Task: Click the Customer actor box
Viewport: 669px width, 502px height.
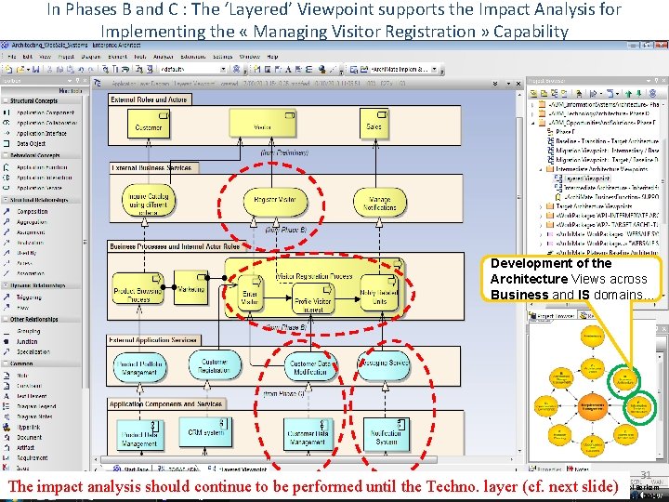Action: click(x=149, y=126)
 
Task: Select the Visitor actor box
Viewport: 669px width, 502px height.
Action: click(x=263, y=126)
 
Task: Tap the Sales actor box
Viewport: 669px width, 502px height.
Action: click(x=374, y=126)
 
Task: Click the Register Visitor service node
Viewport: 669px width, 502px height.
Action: click(x=275, y=200)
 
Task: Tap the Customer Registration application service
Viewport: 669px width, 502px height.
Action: click(x=215, y=365)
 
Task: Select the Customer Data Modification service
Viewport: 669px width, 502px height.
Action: click(x=310, y=366)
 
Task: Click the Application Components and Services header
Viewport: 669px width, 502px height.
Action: click(x=166, y=404)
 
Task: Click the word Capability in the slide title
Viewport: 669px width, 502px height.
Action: click(x=531, y=32)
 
